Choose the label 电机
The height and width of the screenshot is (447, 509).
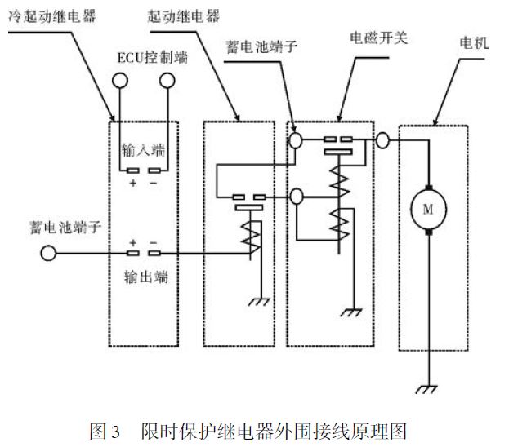click(474, 42)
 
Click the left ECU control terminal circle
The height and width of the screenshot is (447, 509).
click(121, 80)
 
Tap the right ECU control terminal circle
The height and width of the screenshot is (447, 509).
click(167, 80)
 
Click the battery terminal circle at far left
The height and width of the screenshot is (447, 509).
click(49, 254)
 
